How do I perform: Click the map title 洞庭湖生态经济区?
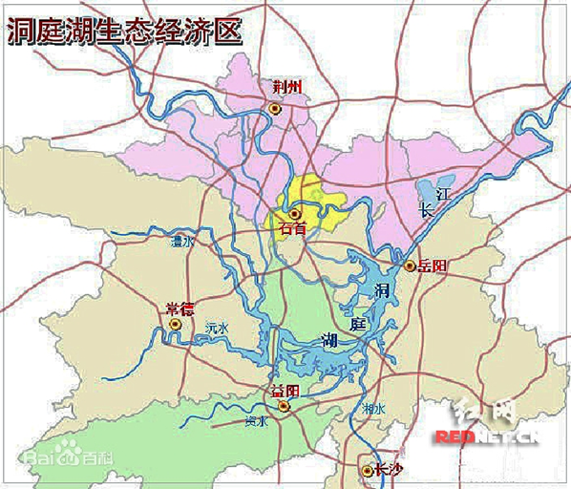pyautogui.click(x=124, y=31)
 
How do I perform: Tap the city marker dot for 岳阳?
pyautogui.click(x=410, y=266)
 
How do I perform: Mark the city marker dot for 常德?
pyautogui.click(x=175, y=325)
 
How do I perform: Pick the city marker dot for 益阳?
pyautogui.click(x=283, y=405)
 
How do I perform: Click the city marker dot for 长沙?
pyautogui.click(x=367, y=470)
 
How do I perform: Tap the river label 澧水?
pyautogui.click(x=181, y=243)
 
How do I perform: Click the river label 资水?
pyautogui.click(x=255, y=420)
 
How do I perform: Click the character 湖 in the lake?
pyautogui.click(x=328, y=339)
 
